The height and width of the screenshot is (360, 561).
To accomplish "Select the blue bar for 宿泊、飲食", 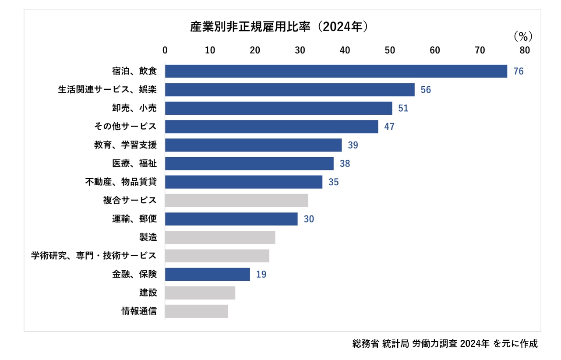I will (x=336, y=71).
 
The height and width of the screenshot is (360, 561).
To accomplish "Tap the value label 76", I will (x=519, y=71).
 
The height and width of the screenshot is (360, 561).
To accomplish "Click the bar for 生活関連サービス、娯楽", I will (x=289, y=90).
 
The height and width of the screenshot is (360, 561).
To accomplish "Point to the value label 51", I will (x=403, y=108).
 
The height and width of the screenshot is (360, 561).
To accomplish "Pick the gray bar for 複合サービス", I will (x=236, y=200).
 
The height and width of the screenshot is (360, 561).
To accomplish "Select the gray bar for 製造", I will (x=220, y=237).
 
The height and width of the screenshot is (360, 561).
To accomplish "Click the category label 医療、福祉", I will (x=134, y=163).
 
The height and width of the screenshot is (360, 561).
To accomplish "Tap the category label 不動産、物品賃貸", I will (x=121, y=182).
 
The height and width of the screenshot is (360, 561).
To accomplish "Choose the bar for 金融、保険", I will (x=208, y=274).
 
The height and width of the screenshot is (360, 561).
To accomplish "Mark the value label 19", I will (x=261, y=275).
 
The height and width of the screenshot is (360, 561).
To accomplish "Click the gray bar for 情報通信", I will (x=197, y=311).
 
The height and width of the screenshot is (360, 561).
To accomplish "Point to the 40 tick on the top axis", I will (x=345, y=50).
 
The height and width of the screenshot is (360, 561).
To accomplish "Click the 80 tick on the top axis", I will (x=525, y=50).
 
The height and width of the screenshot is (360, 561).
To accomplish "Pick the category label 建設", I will (x=148, y=293).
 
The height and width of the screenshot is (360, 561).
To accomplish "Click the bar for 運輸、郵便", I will (x=231, y=219).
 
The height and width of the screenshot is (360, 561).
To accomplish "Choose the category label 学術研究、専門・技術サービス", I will (x=94, y=256).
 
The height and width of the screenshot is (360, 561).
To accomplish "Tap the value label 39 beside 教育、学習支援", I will (x=353, y=145).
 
